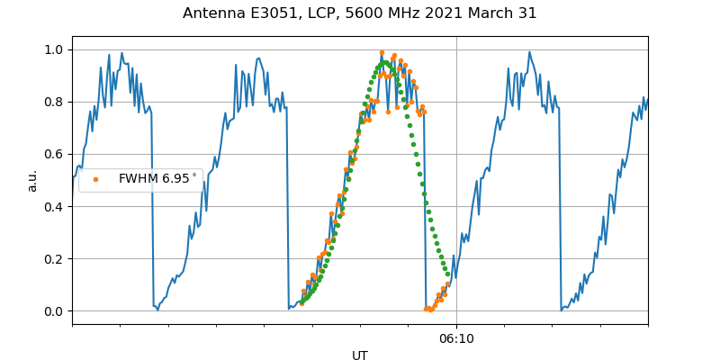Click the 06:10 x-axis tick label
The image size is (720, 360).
tap(456, 339)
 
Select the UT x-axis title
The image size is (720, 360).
tap(360, 355)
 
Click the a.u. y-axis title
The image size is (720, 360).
tap(32, 180)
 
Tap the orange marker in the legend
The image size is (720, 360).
tap(96, 179)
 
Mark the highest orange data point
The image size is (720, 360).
tap(382, 53)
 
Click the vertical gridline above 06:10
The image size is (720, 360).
tap(456, 180)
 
